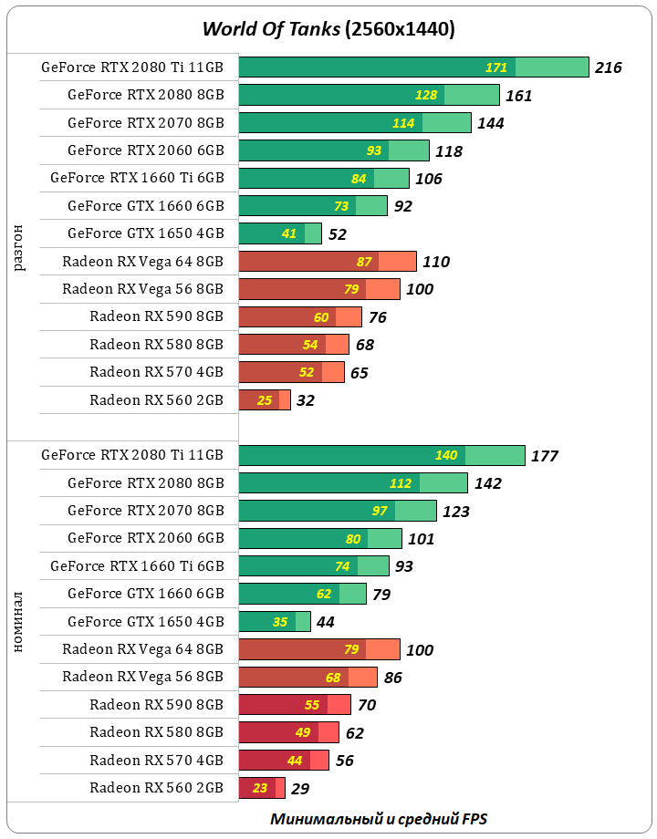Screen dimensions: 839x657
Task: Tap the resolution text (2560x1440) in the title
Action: (400, 29)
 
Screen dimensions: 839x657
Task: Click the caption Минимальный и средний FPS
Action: (384, 818)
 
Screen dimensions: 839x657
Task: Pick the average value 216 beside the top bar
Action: (608, 67)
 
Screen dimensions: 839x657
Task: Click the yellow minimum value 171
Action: (495, 67)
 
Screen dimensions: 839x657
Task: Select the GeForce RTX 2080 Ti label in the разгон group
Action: (132, 67)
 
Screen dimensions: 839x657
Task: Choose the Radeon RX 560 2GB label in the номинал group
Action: (156, 788)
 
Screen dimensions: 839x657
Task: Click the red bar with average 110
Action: (327, 262)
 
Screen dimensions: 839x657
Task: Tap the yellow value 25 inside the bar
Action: (265, 400)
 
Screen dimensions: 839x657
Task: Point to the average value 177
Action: (544, 456)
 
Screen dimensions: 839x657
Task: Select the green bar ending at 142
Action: (352, 483)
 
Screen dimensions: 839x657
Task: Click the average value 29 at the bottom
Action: (301, 788)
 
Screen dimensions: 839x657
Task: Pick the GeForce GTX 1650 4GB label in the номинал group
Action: (145, 622)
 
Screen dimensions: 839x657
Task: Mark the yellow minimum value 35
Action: (279, 622)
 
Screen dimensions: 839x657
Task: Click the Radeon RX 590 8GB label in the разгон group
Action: (156, 317)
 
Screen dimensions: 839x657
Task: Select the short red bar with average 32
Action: (264, 400)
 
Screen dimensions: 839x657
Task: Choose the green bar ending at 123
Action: (337, 511)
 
